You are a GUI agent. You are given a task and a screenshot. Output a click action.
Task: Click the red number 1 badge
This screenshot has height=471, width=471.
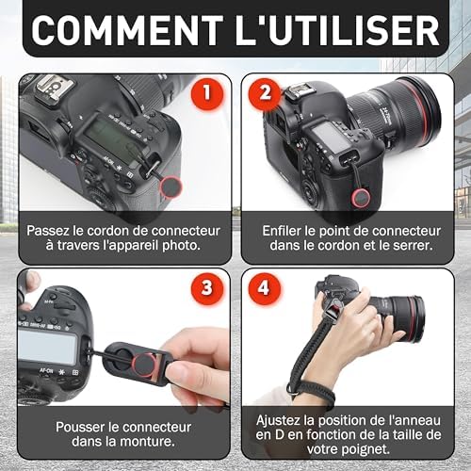coord(207,93)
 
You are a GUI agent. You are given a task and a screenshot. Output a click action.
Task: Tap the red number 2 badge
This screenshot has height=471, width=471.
coord(265,93)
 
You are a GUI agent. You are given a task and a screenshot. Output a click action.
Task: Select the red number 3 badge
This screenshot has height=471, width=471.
coord(207,288)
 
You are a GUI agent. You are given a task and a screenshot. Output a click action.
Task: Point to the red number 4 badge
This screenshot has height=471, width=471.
coord(264,288)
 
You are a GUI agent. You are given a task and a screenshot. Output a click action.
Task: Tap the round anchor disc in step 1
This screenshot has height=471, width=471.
coord(171,187)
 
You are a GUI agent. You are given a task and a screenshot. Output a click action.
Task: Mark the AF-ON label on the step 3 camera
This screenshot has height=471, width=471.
coord(46,371)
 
